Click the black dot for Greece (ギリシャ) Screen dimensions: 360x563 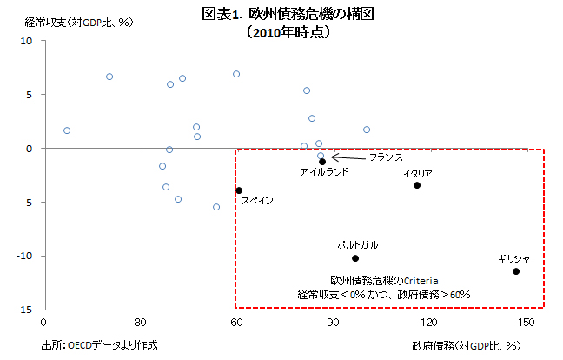[516, 271]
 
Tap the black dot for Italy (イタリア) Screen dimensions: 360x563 [417, 185]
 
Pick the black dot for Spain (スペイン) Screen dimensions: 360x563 [239, 190]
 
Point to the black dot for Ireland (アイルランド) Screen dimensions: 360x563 [322, 162]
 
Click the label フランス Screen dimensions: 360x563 [386, 158]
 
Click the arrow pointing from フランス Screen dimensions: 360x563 [348, 157]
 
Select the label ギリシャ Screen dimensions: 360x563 [514, 258]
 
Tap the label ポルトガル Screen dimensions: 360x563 [357, 245]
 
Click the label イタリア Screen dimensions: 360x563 [417, 173]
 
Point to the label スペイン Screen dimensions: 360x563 [257, 201]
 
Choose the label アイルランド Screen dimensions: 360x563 [324, 172]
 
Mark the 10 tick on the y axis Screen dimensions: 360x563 [27, 41]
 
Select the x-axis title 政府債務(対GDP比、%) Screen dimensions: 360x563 [466, 345]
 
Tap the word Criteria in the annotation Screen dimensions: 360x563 [420, 281]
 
